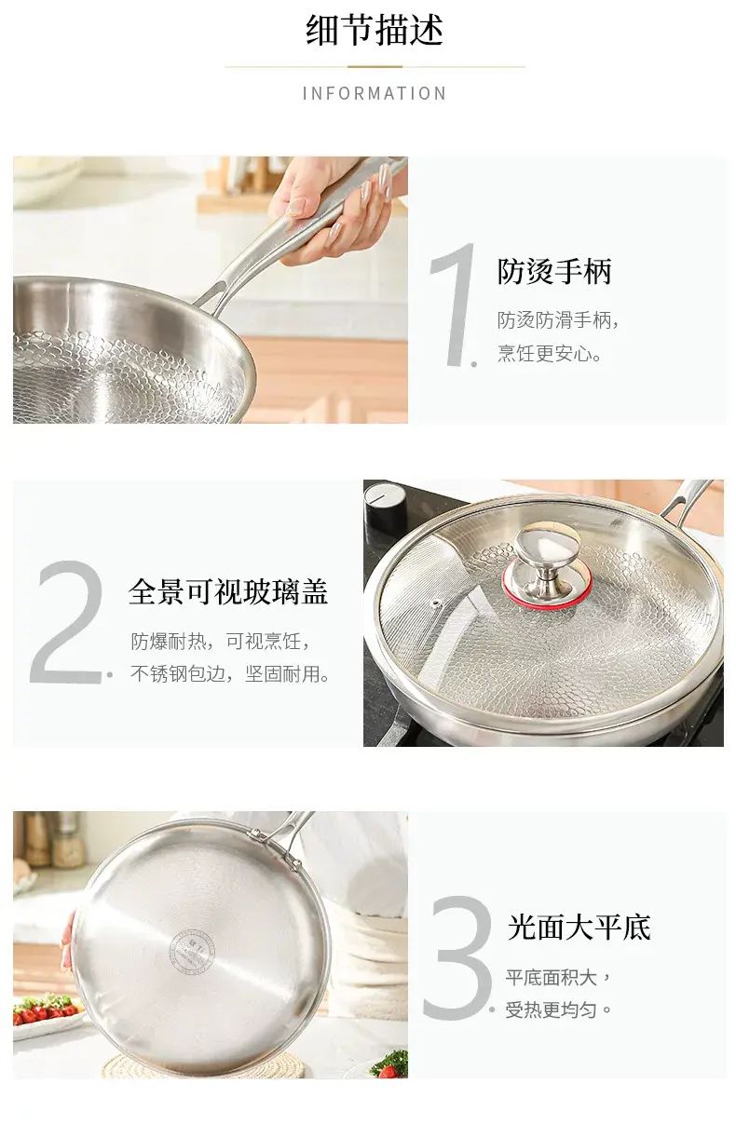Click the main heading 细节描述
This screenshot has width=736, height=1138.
click(x=375, y=31)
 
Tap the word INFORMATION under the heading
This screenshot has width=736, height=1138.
click(x=375, y=94)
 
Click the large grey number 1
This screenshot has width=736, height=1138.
click(x=454, y=304)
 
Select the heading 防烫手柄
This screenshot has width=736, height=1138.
click(x=554, y=271)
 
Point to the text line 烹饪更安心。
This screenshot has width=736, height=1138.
click(x=550, y=353)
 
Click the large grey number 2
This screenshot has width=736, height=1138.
click(x=70, y=621)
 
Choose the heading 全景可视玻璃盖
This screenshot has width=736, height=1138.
click(x=228, y=592)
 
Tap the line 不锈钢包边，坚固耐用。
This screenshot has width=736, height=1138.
click(x=230, y=674)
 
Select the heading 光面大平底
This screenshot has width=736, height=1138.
click(x=579, y=927)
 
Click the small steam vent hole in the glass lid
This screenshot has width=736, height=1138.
click(x=436, y=604)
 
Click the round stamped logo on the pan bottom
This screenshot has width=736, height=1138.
click(x=192, y=950)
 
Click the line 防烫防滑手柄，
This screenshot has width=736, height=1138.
click(x=558, y=320)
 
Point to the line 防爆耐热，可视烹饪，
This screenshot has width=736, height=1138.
click(x=220, y=642)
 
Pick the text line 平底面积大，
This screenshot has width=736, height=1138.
click(x=558, y=977)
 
